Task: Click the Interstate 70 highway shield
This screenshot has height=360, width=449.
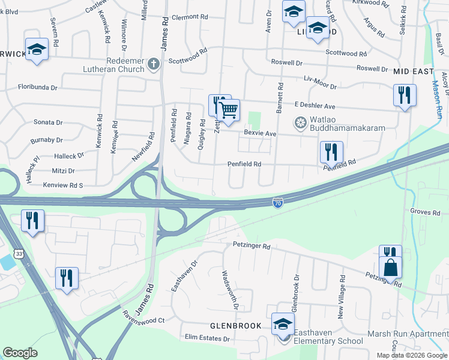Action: tap(277, 203)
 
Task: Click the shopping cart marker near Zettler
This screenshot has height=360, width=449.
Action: tap(228, 110)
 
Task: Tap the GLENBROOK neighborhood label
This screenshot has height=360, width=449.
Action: tap(235, 326)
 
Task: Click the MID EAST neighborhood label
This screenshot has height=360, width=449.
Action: tap(414, 71)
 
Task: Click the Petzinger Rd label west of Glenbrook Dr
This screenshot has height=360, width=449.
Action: tap(252, 246)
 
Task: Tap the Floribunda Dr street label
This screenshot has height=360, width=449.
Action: tap(37, 87)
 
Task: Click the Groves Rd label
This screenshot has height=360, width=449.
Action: tap(426, 212)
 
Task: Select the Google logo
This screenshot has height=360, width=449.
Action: tap(20, 353)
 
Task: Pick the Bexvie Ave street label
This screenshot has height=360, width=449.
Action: tap(259, 133)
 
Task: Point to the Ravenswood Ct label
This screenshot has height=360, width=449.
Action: tap(143, 320)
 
